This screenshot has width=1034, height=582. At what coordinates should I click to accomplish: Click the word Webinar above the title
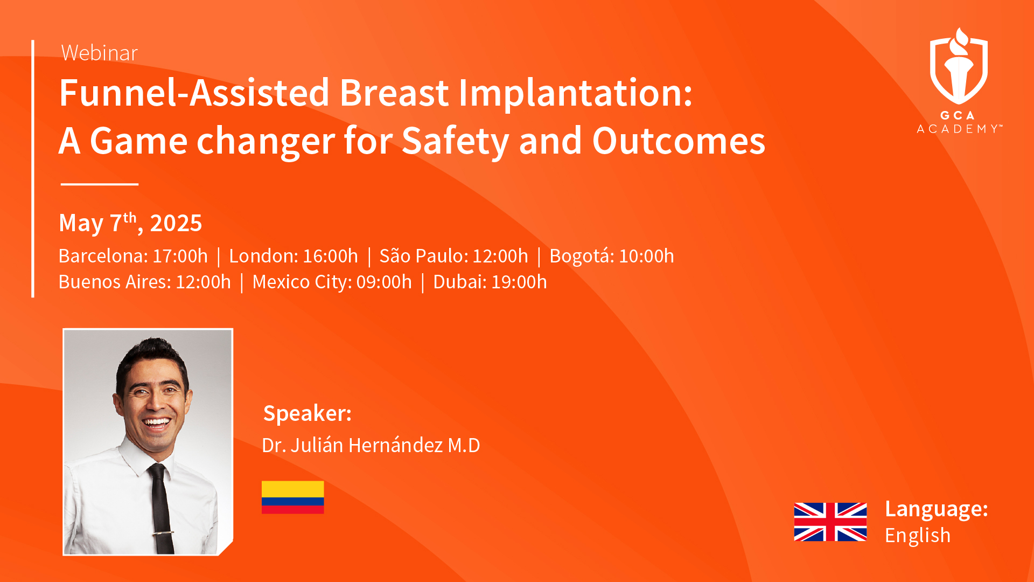coord(100,53)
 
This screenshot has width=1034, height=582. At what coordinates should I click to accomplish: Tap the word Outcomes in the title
coord(679,141)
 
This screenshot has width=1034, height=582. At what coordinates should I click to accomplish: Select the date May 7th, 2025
coord(130,223)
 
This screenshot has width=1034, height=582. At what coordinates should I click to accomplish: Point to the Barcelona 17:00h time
coord(133,256)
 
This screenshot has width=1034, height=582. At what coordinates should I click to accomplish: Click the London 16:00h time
coord(294,256)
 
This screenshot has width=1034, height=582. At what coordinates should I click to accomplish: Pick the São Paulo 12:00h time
coord(454,256)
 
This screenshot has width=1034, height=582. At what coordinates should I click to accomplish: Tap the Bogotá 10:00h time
coord(612,256)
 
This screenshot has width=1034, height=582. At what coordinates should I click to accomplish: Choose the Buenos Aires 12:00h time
coord(145,282)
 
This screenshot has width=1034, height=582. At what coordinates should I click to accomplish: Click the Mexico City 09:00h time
coord(332,282)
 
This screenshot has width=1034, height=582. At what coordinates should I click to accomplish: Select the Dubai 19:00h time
coord(490,282)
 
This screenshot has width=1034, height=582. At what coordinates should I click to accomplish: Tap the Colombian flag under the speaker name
coord(293,497)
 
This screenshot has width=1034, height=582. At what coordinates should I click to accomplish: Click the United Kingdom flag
coord(830,522)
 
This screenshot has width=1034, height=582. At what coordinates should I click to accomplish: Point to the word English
coord(918,536)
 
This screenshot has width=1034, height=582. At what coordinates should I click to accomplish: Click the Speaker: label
coord(308,413)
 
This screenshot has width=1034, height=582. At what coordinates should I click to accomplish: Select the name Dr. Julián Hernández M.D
coord(371,445)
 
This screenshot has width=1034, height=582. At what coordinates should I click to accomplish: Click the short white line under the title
coord(100,184)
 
